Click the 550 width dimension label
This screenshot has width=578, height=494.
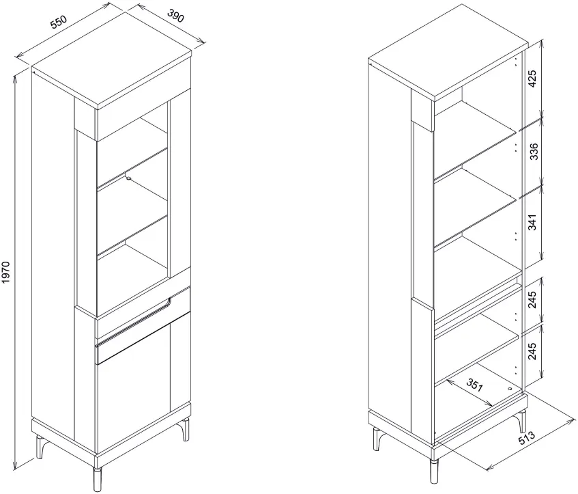(x=59, y=22)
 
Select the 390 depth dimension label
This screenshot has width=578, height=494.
(x=175, y=16)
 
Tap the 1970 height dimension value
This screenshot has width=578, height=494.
(x=7, y=273)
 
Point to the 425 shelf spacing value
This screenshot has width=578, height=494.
(x=532, y=79)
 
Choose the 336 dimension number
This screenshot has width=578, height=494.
(x=534, y=152)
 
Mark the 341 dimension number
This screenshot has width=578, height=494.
(x=533, y=221)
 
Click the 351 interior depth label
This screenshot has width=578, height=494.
(x=474, y=385)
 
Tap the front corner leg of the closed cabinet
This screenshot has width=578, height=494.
(x=98, y=479)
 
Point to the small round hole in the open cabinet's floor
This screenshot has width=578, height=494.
(x=510, y=389)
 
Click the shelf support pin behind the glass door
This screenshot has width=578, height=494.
(x=128, y=178)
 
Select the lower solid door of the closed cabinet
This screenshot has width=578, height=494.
(x=144, y=384)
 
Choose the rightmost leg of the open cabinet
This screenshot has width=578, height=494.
(x=521, y=420)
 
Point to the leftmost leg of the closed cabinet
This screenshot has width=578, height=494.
(x=40, y=446)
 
